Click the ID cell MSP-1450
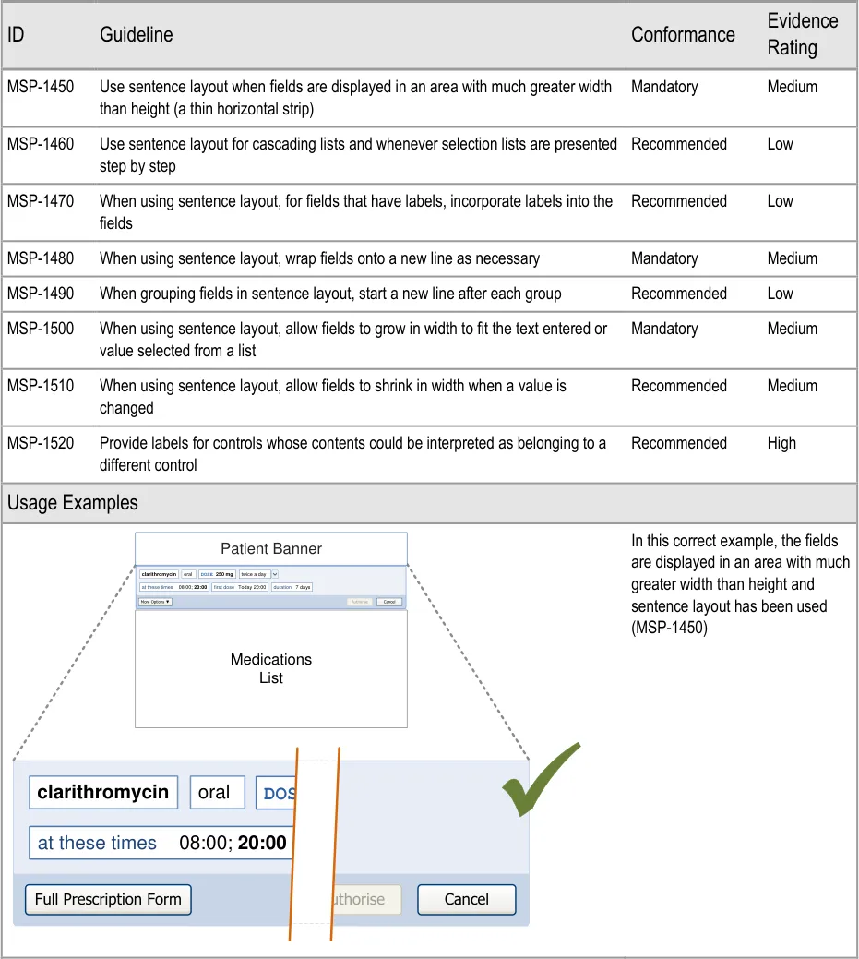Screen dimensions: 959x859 pos(41,87)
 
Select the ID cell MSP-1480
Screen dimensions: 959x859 pos(41,258)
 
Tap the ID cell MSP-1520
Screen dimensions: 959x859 pos(41,443)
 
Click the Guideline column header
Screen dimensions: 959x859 pos(136,35)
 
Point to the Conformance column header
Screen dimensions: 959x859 pos(683,35)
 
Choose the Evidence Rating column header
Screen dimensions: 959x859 pos(803,34)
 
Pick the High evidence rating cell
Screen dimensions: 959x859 pos(781,443)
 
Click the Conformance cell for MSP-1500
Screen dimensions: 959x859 pos(664,329)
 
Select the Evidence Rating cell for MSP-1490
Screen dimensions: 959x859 pos(781,294)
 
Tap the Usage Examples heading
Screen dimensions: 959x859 pos(73,503)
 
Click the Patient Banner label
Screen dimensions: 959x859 pos(271,548)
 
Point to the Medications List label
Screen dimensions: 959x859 pos(271,668)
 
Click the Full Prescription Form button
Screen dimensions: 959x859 pos(108,899)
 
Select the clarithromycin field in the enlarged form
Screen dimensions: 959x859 pos(103,792)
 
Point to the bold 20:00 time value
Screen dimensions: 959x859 pos(262,843)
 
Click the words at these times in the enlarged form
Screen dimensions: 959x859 pos(97,843)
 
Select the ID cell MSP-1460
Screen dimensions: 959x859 pos(41,144)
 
